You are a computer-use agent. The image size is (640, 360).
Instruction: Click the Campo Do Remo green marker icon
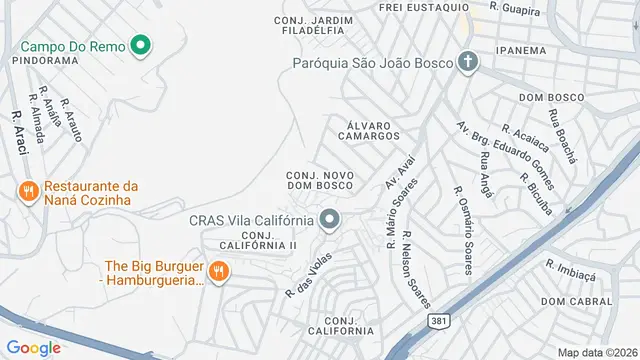click(x=141, y=45)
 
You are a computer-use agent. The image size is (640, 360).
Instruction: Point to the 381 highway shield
click(x=437, y=320)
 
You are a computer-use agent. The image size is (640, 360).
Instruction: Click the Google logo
click(x=34, y=347)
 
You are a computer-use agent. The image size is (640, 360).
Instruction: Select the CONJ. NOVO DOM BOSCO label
click(x=319, y=180)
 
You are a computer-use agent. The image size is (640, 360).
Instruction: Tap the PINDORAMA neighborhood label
click(x=45, y=60)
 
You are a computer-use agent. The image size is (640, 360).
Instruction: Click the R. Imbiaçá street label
click(x=570, y=268)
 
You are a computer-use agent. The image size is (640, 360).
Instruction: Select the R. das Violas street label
click(x=307, y=275)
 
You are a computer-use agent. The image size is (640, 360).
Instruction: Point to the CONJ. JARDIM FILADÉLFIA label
click(x=313, y=25)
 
